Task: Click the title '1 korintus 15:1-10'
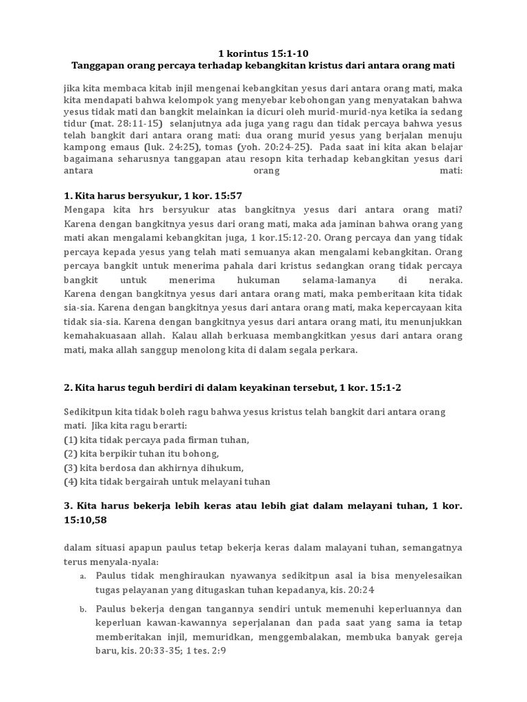click(263, 52)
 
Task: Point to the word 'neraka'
click(445, 282)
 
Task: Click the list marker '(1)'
click(70, 440)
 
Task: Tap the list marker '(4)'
click(70, 481)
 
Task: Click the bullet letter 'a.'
click(82, 576)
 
